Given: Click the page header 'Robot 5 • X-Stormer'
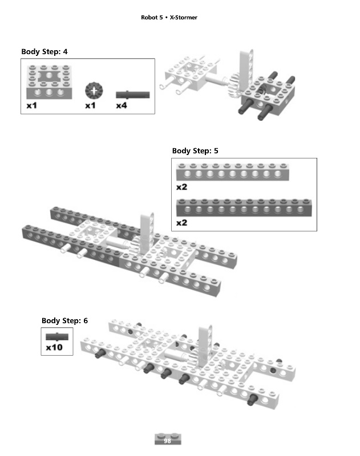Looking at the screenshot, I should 169,18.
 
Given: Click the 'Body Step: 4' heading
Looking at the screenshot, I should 45,52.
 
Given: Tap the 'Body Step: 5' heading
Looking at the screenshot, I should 195,151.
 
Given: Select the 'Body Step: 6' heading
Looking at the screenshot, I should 64,321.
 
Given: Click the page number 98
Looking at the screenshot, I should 168,441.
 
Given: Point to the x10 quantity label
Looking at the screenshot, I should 54,347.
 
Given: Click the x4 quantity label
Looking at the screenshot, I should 122,105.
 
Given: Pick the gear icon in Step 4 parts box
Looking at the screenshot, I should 92,91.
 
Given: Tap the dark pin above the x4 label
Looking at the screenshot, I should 132,94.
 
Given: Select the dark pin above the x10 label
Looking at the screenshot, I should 56,336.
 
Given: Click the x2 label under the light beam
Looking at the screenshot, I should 181,186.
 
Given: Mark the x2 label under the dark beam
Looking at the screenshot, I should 181,223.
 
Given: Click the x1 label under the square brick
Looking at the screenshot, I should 32,105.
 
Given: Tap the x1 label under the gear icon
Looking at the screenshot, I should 90,105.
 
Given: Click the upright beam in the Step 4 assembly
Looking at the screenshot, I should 244,67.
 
